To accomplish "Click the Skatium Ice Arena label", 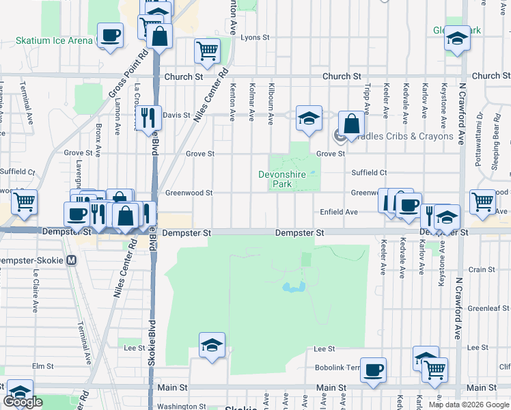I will (x=54, y=40).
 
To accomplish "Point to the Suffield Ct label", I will (x=369, y=173).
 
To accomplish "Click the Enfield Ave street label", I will (x=339, y=213).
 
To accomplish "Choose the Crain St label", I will (x=482, y=270).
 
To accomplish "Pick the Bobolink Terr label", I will (x=337, y=368).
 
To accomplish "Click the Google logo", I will (x=23, y=402).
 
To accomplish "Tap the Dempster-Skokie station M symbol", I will (x=72, y=261).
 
